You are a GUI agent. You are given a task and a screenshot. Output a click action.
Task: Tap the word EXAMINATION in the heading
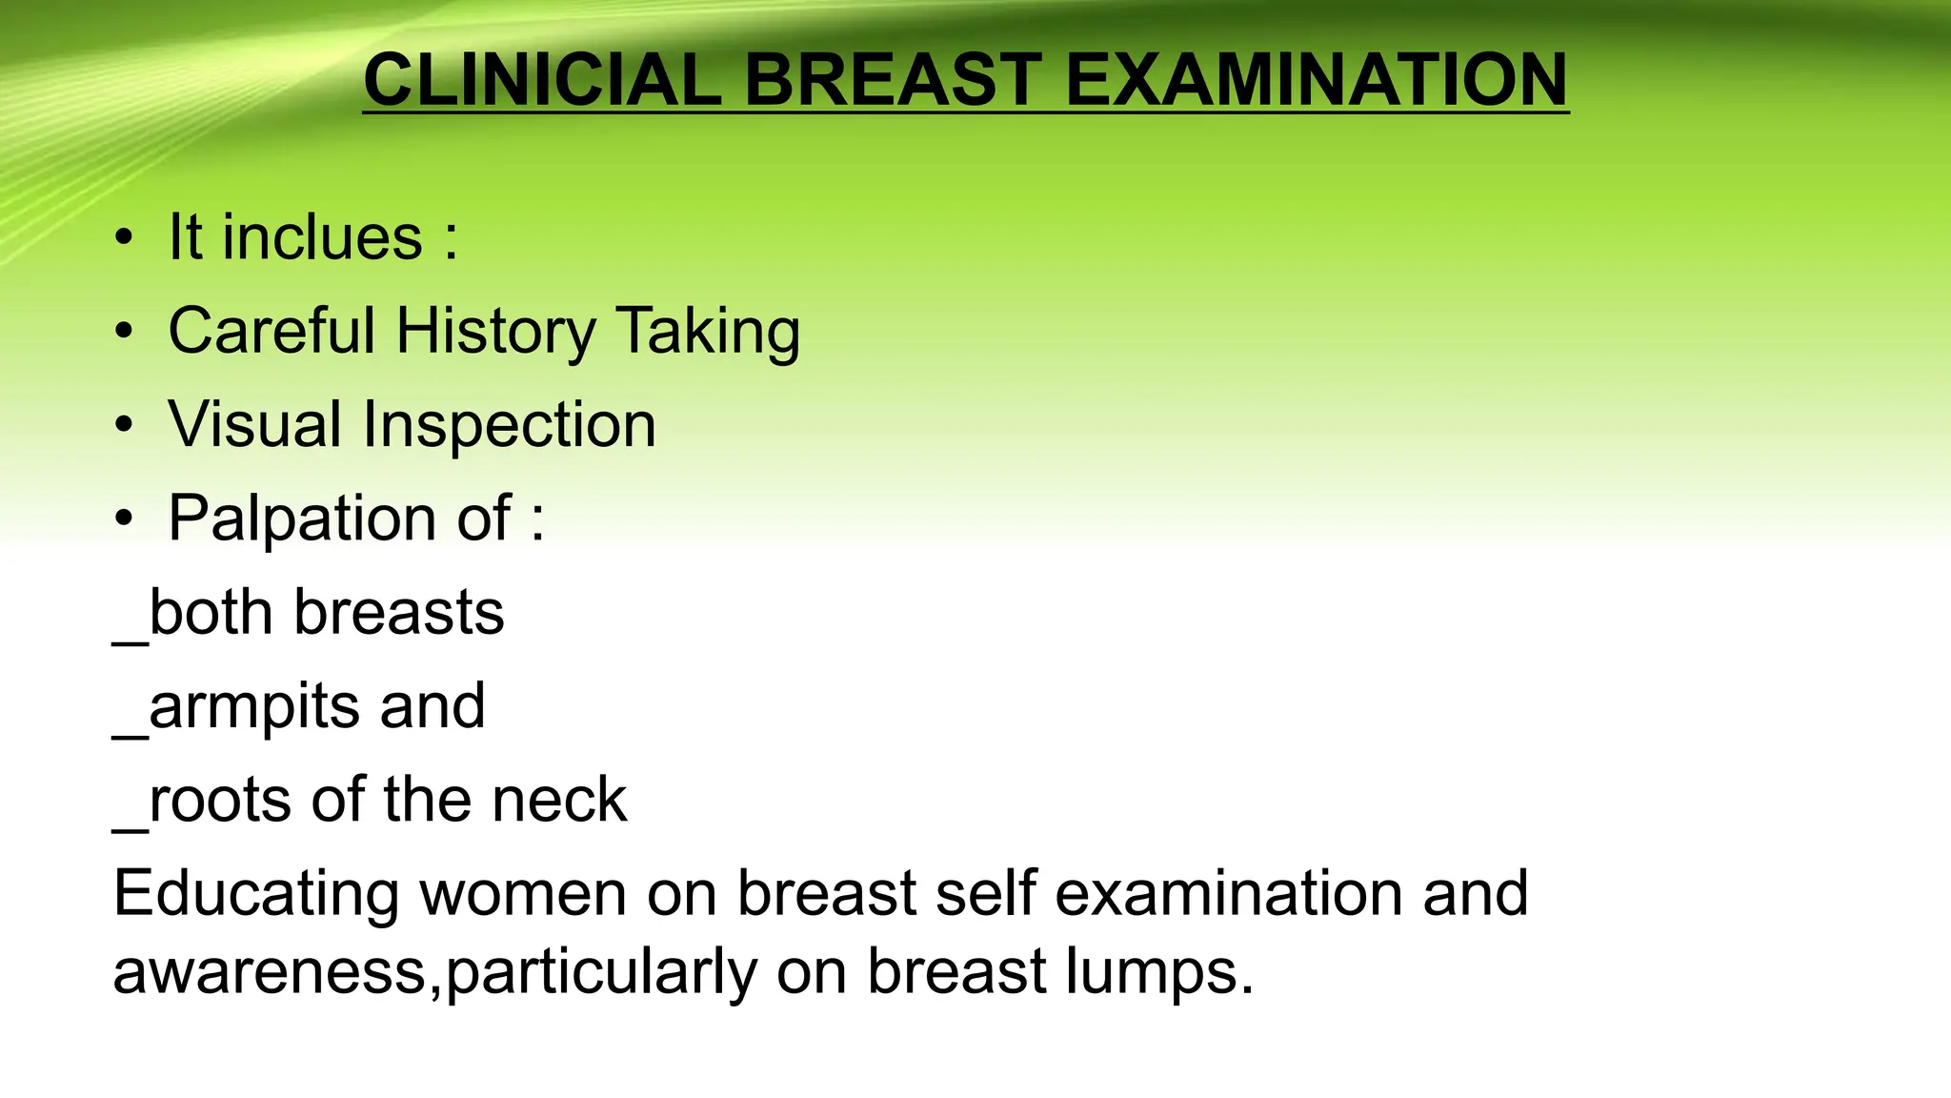tap(1316, 79)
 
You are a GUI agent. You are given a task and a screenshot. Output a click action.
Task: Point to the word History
tap(495, 331)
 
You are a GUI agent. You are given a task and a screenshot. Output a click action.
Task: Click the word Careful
tap(272, 331)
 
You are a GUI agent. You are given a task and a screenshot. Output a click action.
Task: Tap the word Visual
tap(254, 424)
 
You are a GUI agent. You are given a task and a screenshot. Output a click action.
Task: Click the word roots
tap(220, 800)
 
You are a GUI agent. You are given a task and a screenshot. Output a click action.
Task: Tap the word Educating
tap(256, 893)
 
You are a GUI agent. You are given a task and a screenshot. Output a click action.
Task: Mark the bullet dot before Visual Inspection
tap(123, 426)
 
